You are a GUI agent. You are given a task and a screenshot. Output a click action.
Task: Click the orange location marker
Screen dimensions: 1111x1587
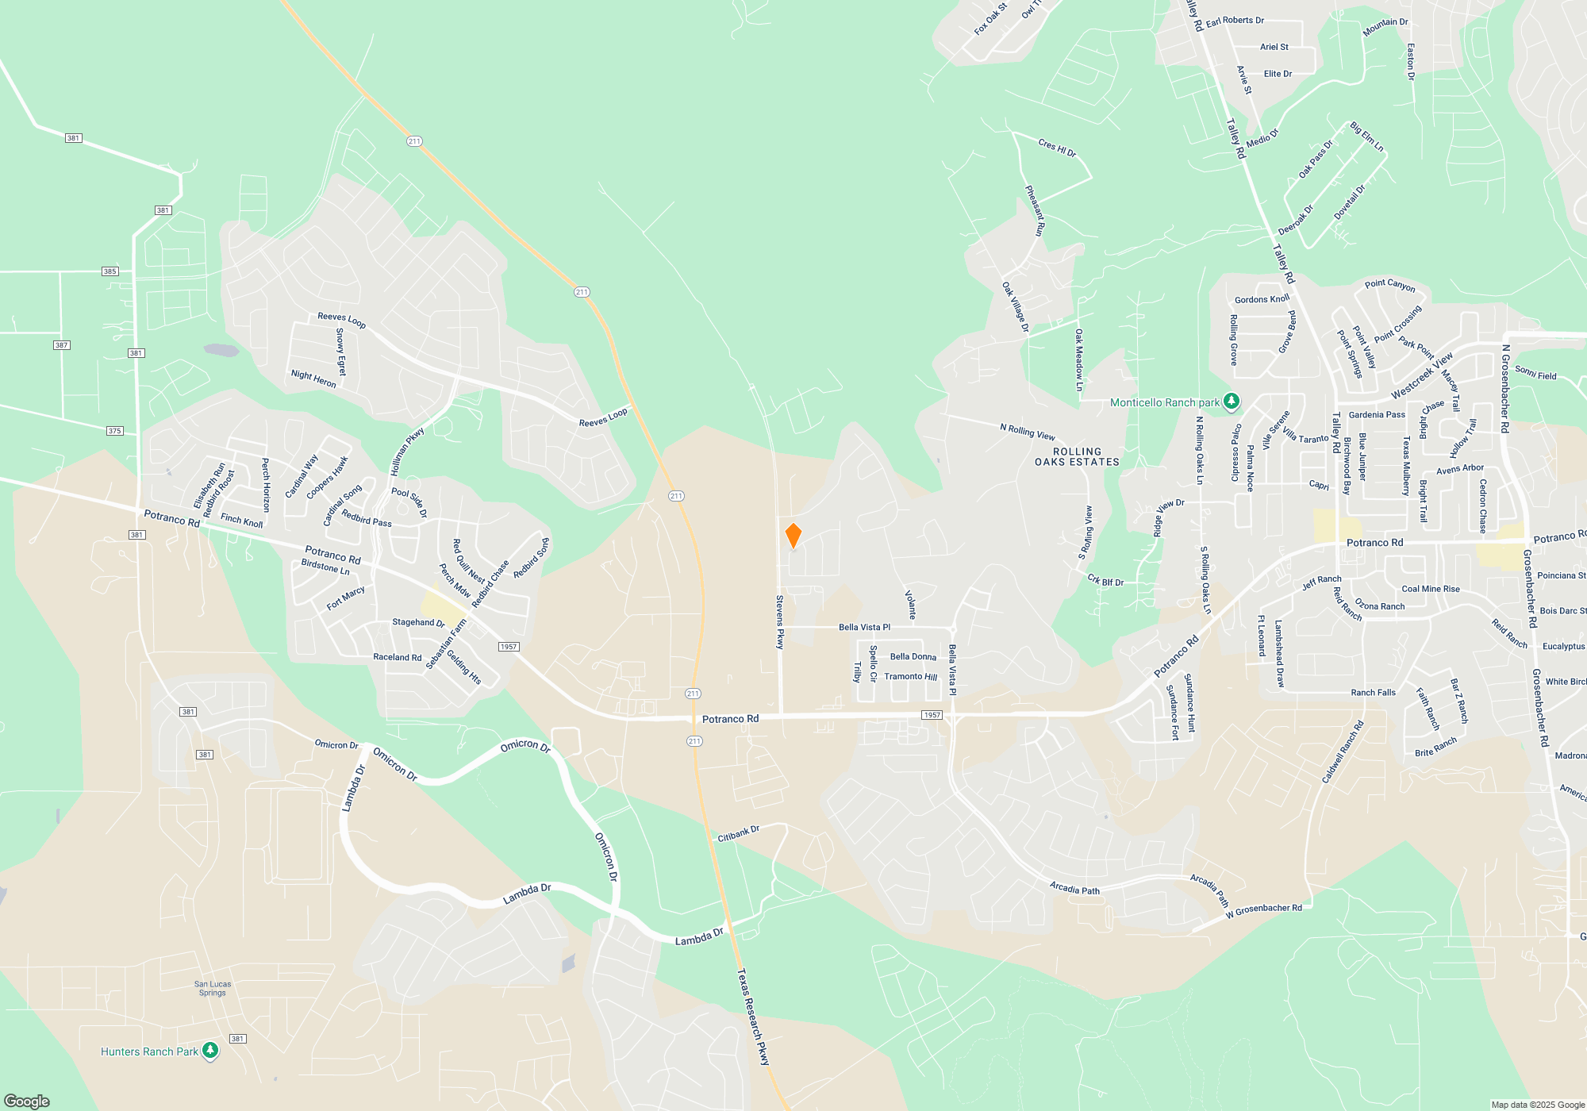click(793, 536)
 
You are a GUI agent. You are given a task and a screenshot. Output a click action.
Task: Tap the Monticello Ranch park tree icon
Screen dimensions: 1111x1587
click(1231, 402)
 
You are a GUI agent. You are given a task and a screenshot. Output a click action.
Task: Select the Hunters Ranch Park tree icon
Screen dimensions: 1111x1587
click(209, 1051)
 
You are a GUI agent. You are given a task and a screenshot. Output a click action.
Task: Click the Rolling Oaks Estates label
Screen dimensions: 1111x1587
click(1077, 456)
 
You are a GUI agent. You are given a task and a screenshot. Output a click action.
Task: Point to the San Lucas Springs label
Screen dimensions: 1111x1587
click(213, 988)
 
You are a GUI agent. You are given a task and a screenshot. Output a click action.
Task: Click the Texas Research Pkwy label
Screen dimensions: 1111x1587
click(753, 1016)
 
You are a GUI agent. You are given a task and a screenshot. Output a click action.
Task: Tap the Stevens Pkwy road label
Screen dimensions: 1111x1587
click(780, 622)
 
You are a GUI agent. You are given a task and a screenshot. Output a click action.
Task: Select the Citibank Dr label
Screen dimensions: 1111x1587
click(738, 833)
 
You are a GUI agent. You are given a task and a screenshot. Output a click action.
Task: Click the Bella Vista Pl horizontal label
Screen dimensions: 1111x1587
click(864, 627)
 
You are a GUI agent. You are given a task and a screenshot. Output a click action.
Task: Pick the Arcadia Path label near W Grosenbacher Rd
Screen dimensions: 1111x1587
click(1209, 890)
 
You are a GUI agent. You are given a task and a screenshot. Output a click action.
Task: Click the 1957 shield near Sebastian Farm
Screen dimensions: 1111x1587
click(509, 647)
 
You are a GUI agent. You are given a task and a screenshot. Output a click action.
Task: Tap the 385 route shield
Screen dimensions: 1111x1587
click(110, 271)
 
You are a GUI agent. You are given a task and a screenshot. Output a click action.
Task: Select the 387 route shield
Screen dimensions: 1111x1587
click(62, 345)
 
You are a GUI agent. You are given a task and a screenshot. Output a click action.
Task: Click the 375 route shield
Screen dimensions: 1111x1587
click(115, 431)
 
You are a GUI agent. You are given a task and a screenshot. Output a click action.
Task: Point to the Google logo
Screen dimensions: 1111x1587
click(27, 1101)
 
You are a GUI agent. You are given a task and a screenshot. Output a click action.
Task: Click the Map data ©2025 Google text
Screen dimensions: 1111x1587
click(1538, 1105)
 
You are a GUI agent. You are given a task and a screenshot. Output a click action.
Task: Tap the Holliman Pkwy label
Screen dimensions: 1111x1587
click(407, 452)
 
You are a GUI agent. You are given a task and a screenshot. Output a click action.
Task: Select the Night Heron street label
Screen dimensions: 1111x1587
click(313, 379)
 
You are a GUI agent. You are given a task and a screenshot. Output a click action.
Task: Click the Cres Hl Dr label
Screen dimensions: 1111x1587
click(1057, 148)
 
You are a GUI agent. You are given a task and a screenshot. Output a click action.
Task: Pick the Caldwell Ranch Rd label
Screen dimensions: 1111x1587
click(1343, 752)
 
